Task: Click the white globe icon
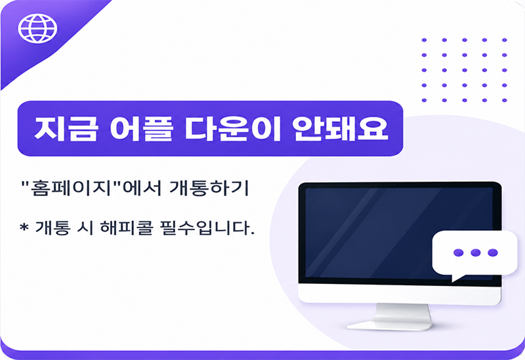37,28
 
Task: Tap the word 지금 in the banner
67,129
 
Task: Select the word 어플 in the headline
141,129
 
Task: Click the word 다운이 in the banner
233,129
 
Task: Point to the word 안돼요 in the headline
340,129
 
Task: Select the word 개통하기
209,188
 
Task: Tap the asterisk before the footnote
24,227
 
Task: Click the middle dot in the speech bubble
475,252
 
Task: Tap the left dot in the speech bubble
458,252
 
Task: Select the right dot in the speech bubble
493,252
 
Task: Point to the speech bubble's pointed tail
457,277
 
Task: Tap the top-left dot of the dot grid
424,40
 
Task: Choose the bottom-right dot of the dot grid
505,100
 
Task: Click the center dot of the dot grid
465,70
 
